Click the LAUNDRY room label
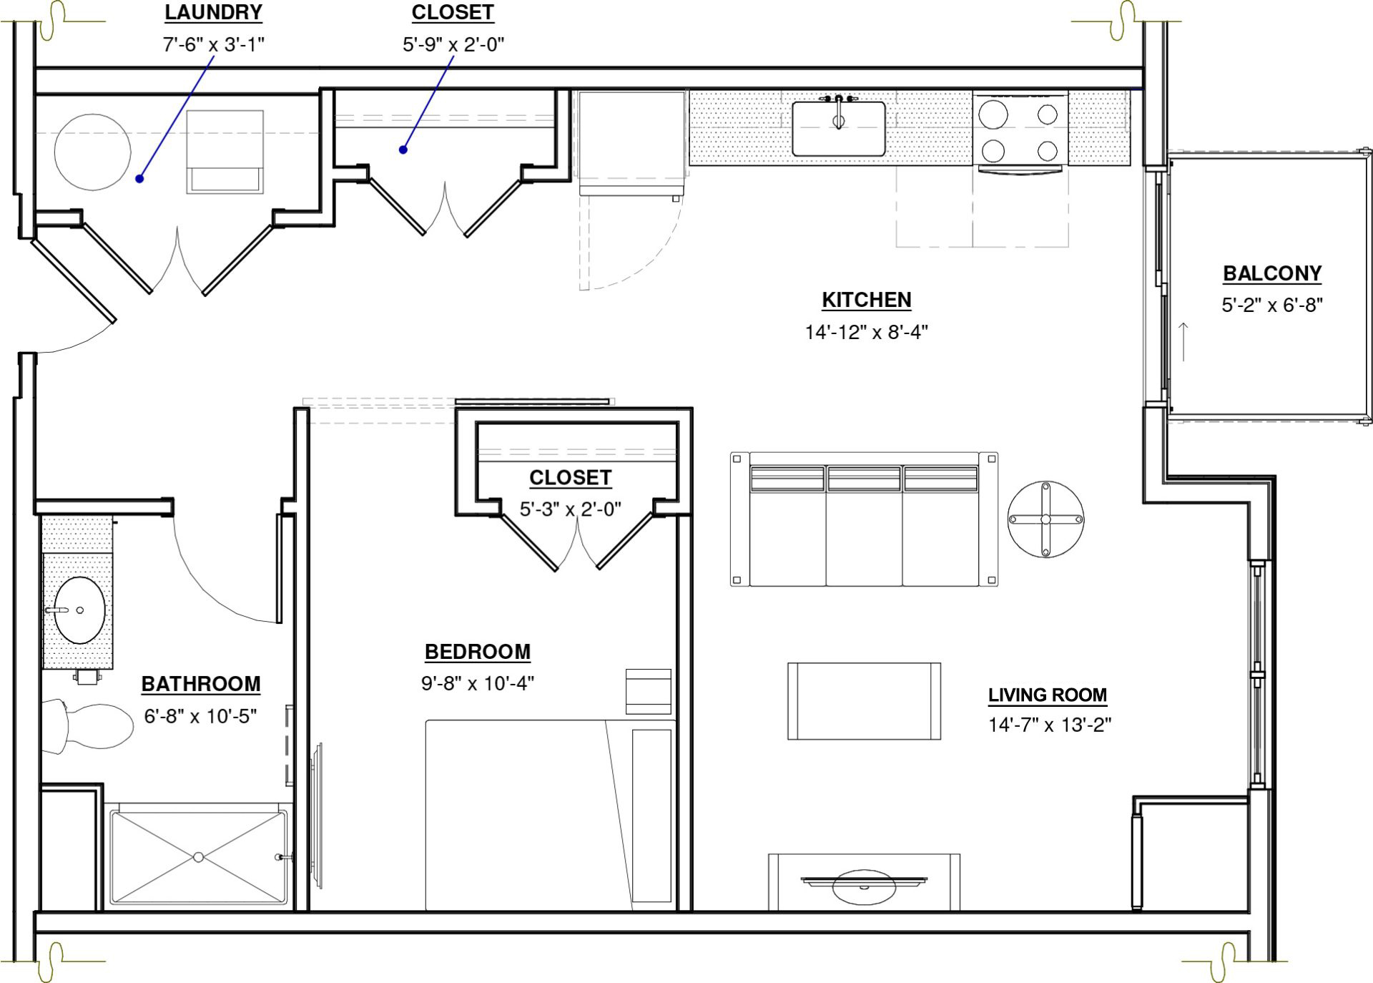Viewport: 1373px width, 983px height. click(x=213, y=13)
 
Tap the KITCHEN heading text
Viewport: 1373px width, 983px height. click(x=866, y=300)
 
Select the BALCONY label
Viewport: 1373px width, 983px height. click(x=1272, y=273)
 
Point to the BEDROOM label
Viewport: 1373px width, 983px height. click(x=478, y=652)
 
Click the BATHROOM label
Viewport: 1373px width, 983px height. click(x=201, y=684)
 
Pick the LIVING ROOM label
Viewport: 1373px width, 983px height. click(x=1048, y=695)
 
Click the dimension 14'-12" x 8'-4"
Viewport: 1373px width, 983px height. click(x=866, y=332)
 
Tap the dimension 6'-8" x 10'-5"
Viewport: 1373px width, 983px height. click(x=200, y=715)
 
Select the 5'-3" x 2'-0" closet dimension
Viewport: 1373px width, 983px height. click(x=570, y=509)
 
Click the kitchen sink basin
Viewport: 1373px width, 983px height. click(x=838, y=129)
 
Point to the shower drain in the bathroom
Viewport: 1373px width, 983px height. click(x=199, y=856)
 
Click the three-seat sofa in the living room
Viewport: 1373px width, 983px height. click(x=864, y=519)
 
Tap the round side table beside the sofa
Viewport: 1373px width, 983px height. click(x=1045, y=519)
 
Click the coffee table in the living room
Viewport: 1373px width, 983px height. click(x=864, y=701)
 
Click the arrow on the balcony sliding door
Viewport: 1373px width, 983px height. click(x=1183, y=342)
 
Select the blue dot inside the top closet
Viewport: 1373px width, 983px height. click(x=403, y=150)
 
